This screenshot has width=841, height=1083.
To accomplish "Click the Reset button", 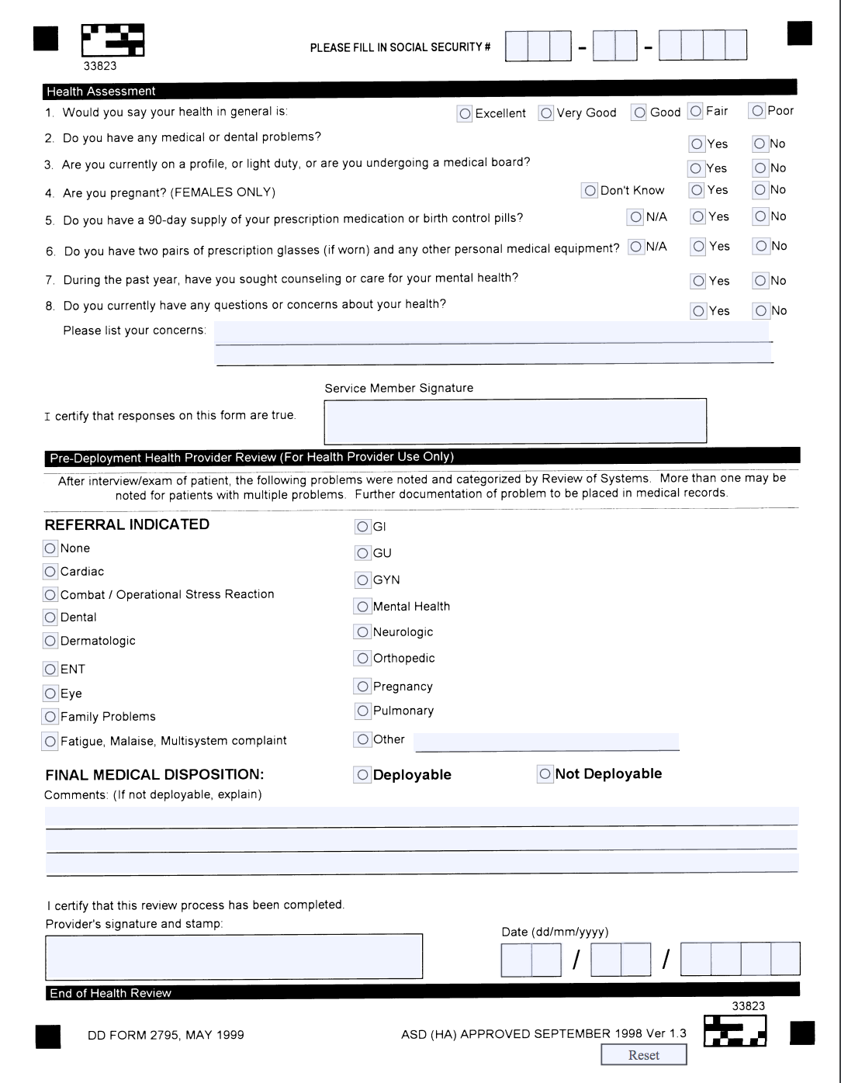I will [x=643, y=1055].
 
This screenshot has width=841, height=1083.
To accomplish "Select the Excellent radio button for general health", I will [x=465, y=114].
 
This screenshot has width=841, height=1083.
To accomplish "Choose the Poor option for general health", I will [x=757, y=111].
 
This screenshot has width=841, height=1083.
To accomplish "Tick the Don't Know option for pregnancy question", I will [x=590, y=191].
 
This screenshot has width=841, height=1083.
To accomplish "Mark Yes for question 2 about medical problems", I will [x=697, y=144].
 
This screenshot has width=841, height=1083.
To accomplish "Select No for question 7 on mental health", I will [x=760, y=281].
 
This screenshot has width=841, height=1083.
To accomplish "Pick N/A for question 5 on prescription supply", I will [x=635, y=217].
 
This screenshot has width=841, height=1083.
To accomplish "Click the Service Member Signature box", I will [x=515, y=420].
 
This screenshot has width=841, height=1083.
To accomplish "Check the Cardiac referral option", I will [x=50, y=572].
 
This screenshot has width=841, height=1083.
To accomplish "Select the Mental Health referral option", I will [x=362, y=607].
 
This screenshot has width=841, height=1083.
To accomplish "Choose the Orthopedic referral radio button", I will [x=362, y=659].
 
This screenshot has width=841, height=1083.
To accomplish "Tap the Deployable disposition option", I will [x=362, y=775].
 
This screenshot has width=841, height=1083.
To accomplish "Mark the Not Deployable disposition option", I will [x=545, y=774].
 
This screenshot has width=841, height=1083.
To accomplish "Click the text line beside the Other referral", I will [x=546, y=742].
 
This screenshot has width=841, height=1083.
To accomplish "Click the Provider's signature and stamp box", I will [x=234, y=956].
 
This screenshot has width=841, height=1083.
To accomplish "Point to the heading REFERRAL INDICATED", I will [x=127, y=524].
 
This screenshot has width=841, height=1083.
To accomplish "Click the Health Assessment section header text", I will [x=101, y=92].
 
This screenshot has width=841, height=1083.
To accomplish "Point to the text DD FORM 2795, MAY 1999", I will [x=166, y=1035].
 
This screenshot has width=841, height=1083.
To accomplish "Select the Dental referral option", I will [x=50, y=618].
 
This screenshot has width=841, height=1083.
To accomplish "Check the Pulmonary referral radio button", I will [x=362, y=711].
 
